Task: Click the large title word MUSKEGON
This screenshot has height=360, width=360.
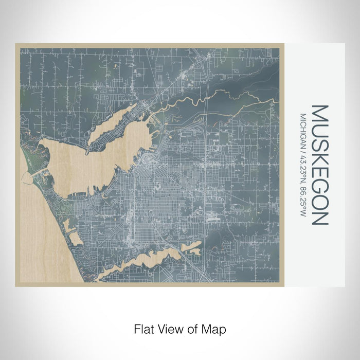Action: (x=320, y=165)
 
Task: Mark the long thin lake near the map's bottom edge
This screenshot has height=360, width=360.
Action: (x=149, y=260)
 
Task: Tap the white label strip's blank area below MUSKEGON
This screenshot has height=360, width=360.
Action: (x=320, y=257)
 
